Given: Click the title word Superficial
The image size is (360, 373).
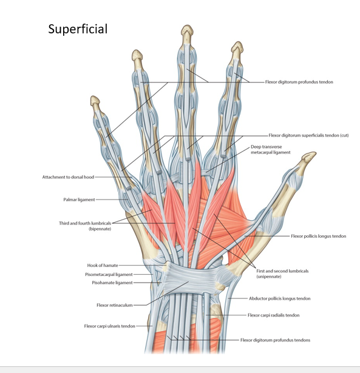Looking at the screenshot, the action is click(x=78, y=29).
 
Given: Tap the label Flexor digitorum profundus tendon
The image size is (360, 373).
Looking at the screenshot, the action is click(x=299, y=82).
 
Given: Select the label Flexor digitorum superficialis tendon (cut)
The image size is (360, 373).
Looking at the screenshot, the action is click(x=308, y=135).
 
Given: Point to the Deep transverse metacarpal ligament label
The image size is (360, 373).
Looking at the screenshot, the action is click(x=271, y=150).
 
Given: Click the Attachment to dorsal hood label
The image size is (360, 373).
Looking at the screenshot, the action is click(x=68, y=177).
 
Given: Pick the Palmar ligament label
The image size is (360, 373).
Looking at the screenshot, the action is click(x=79, y=200).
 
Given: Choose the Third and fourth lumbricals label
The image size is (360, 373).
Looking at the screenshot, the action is click(x=85, y=226).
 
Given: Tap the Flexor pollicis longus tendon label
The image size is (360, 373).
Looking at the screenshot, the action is click(x=319, y=236).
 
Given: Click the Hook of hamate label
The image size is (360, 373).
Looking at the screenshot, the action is click(x=103, y=265).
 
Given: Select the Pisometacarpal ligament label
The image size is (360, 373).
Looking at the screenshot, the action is click(x=109, y=275).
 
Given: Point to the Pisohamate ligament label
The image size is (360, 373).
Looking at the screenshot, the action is click(x=112, y=283).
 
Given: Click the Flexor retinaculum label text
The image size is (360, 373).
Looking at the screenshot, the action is click(x=115, y=305).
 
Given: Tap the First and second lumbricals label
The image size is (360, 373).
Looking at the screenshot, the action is click(x=282, y=274).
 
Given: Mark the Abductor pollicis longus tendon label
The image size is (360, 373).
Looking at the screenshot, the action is click(x=280, y=298).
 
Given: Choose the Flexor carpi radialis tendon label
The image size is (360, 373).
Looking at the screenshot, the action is click(x=274, y=315).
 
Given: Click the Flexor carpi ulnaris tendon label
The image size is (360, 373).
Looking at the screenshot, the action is click(x=109, y=326).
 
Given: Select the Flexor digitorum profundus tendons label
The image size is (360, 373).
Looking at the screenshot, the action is click(x=275, y=340).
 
